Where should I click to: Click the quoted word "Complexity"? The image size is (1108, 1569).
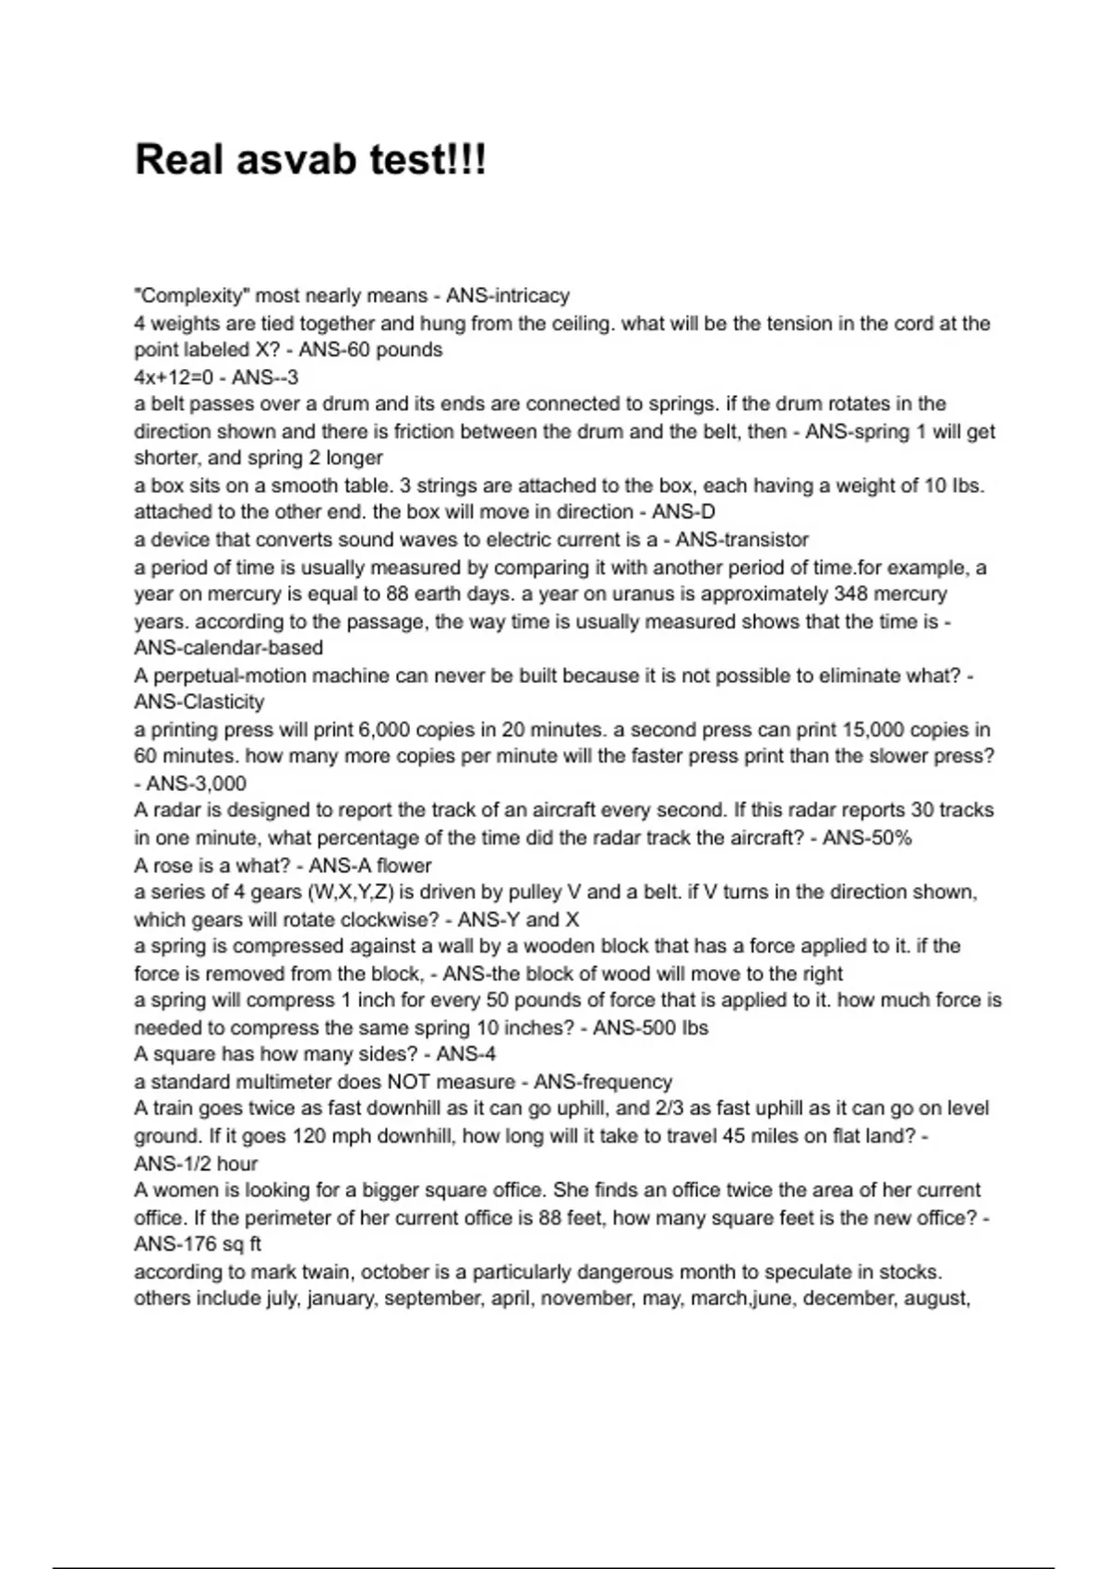pyautogui.click(x=191, y=296)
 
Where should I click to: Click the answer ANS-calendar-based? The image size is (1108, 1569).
pyautogui.click(x=228, y=648)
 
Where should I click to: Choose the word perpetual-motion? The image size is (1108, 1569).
pyautogui.click(x=222, y=676)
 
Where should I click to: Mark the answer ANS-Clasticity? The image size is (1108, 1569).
pyautogui.click(x=199, y=702)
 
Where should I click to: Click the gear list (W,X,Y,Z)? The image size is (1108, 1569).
pyautogui.click(x=343, y=892)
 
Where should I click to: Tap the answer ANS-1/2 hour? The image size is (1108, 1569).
pyautogui.click(x=196, y=1164)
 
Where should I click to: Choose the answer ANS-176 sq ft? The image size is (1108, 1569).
pyautogui.click(x=198, y=1244)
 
